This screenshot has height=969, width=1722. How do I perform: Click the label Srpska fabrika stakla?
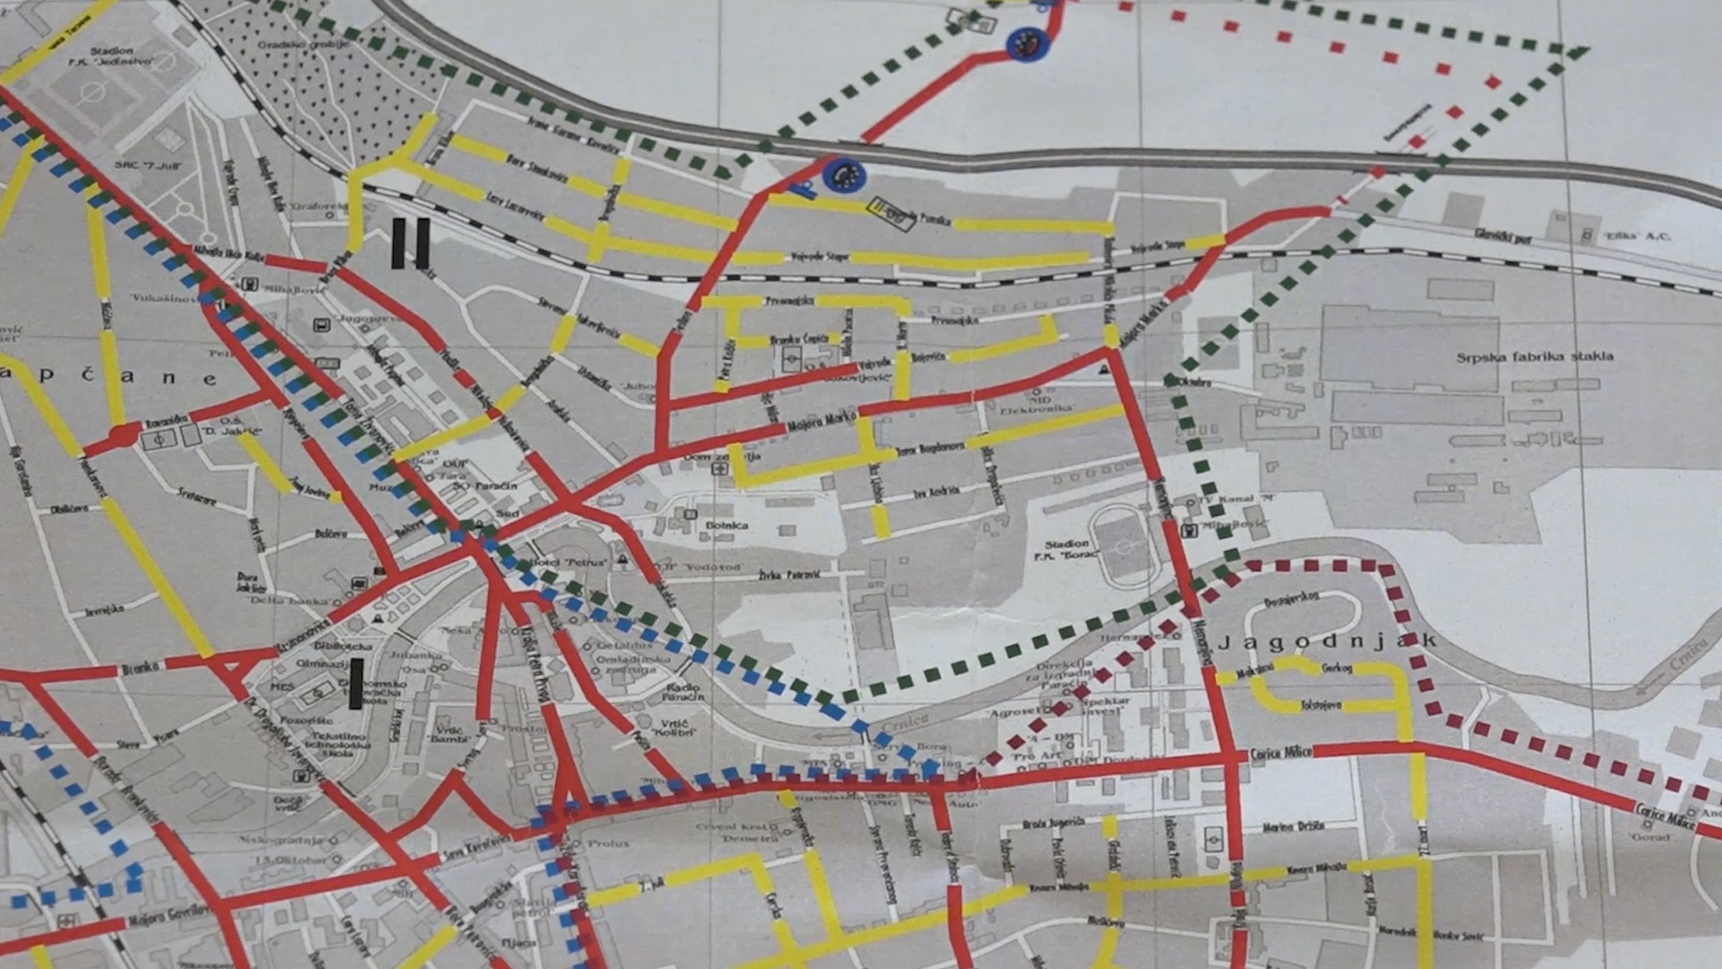coord(1535,357)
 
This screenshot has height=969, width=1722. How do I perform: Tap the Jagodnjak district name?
coord(1327,642)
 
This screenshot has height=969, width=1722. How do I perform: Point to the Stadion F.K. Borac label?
coord(1071,549)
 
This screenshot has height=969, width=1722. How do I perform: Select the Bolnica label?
coord(726,525)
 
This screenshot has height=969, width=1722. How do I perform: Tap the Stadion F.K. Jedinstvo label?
coord(111,57)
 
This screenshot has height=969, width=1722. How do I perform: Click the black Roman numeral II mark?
coord(411,243)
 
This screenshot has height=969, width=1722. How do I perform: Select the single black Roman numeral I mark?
coord(356,684)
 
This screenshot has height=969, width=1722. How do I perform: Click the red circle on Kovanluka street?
coord(123,437)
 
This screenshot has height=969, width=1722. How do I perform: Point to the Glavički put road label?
coord(1503,236)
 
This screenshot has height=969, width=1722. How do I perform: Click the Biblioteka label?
coord(343,645)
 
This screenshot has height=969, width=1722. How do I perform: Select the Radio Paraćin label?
coord(683,692)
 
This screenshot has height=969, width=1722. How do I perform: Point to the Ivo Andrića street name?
coord(936,492)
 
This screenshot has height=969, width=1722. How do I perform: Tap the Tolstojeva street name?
coord(1320,705)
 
